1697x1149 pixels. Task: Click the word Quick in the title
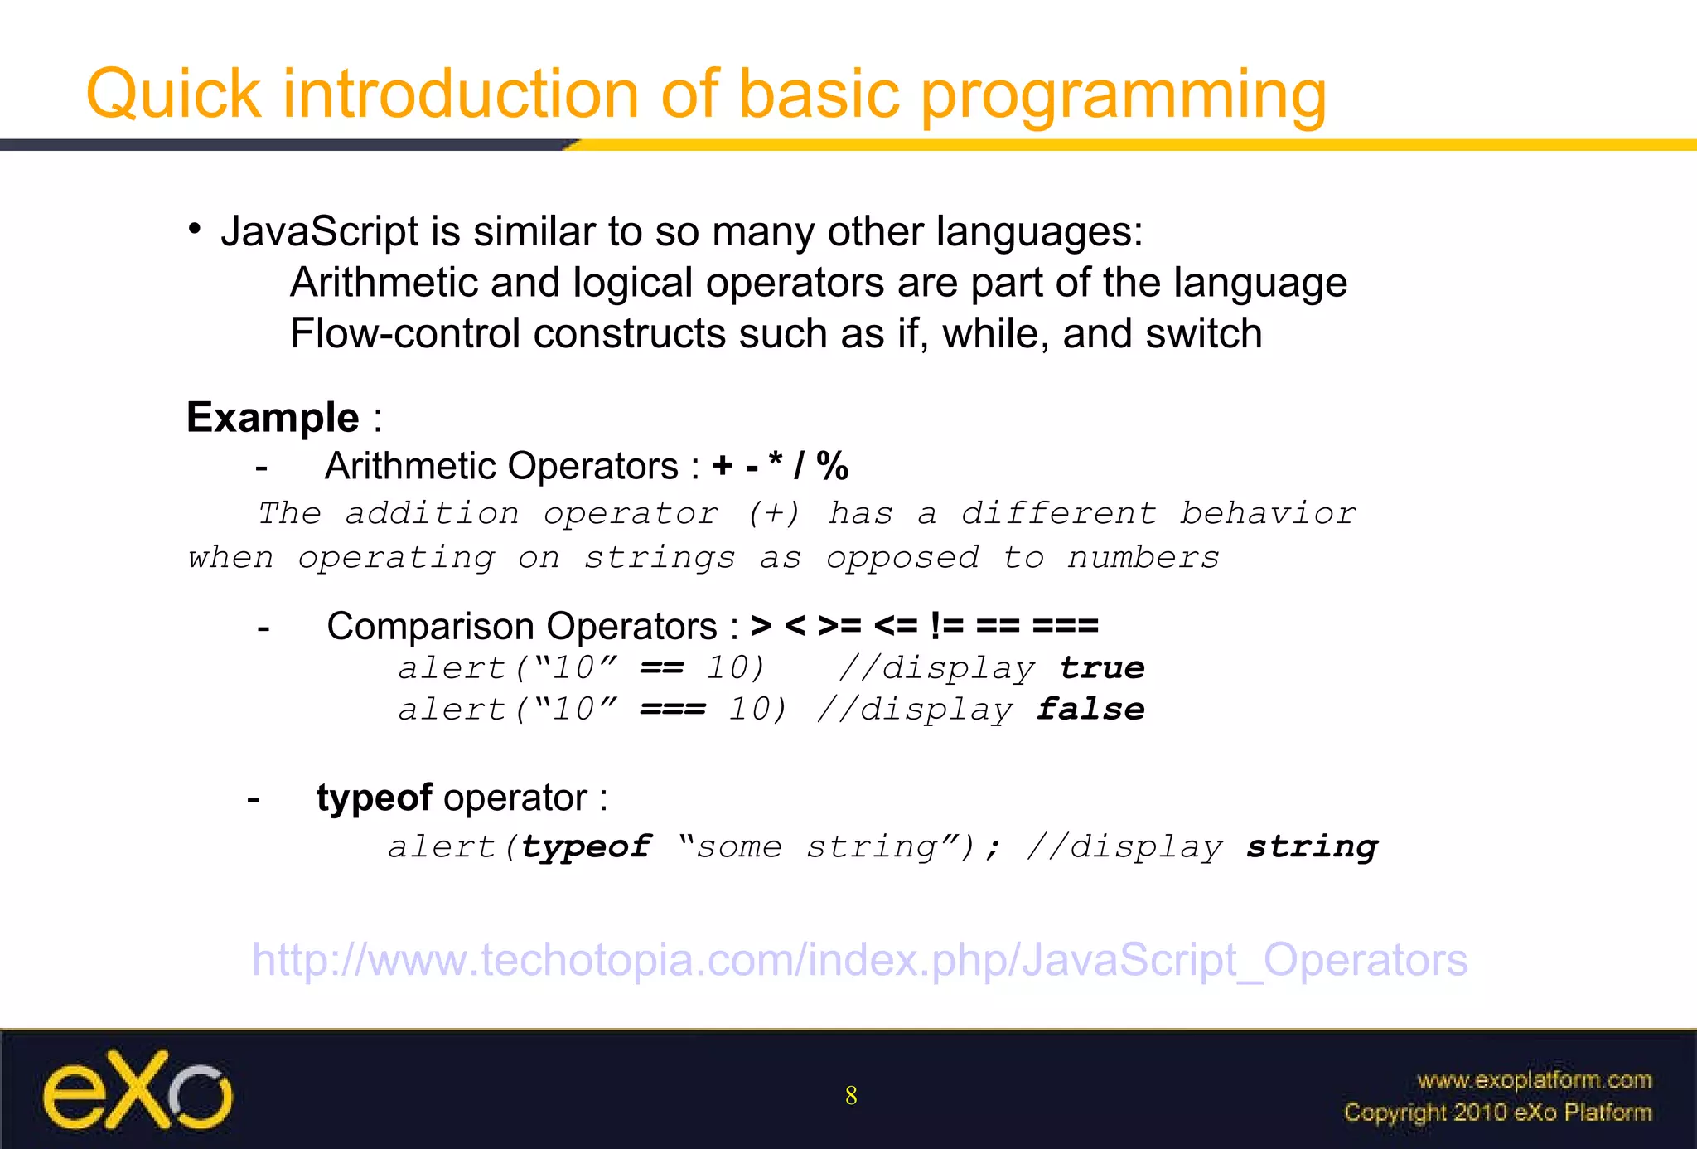[174, 94]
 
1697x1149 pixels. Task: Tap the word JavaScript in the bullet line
[319, 231]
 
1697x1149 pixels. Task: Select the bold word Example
[273, 417]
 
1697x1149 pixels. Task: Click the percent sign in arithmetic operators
[832, 466]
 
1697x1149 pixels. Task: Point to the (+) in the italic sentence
[773, 513]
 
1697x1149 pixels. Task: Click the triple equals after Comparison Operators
[1065, 625]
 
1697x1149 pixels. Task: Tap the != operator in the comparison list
[947, 625]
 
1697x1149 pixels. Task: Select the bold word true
[1101, 668]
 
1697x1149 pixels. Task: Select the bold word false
[1090, 710]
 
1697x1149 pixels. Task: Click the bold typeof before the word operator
[374, 798]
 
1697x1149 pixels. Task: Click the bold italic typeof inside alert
[586, 846]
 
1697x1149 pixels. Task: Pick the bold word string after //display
[1312, 846]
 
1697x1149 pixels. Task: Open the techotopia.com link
[859, 960]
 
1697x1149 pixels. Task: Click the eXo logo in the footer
[138, 1090]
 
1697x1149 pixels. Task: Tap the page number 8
[851, 1096]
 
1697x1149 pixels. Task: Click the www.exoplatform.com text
[1534, 1080]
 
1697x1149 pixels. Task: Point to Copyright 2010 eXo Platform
[1497, 1113]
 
